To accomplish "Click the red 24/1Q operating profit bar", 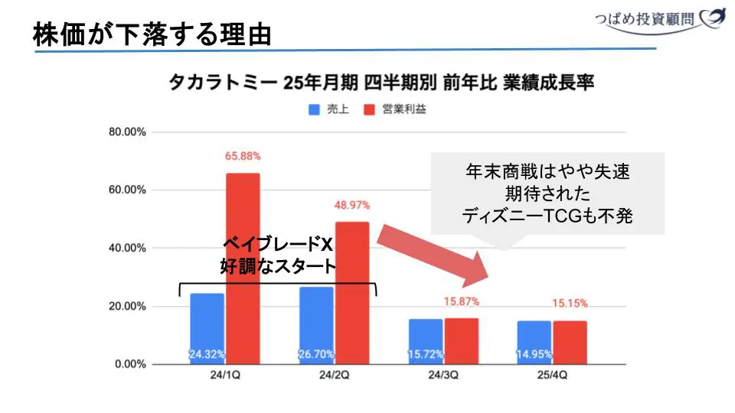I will [243, 268].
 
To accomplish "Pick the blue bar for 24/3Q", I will [426, 341].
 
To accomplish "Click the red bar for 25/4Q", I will [570, 342].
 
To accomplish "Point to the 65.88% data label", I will [243, 156].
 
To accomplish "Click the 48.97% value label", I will [352, 205].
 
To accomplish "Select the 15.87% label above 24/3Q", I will [461, 301].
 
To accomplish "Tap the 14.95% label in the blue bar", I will [534, 354].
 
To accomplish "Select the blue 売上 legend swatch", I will [314, 109].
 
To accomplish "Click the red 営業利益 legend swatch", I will [369, 109].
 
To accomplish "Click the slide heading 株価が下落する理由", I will [152, 33].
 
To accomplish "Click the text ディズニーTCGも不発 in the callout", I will [547, 216].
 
